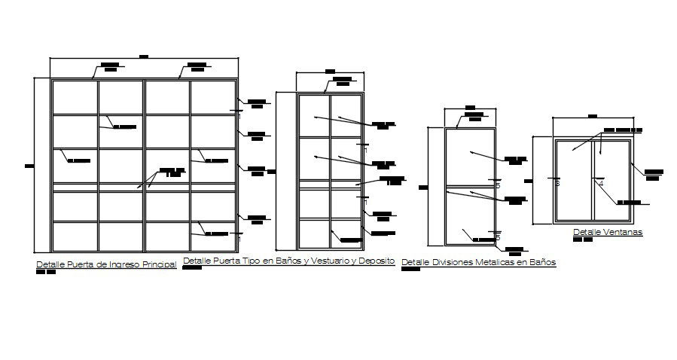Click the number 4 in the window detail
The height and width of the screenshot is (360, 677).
(601, 182)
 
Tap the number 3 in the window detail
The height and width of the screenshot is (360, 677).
(557, 182)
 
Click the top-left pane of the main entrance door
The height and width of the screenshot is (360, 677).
(75, 97)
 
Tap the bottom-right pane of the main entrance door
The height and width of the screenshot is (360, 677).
(213, 236)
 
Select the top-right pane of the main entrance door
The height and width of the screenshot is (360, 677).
(213, 97)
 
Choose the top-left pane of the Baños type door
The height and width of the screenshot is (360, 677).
(313, 115)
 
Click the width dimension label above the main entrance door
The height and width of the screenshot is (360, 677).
(144, 56)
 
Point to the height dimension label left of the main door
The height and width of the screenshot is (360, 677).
(29, 166)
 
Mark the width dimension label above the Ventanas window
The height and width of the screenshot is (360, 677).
(592, 116)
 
